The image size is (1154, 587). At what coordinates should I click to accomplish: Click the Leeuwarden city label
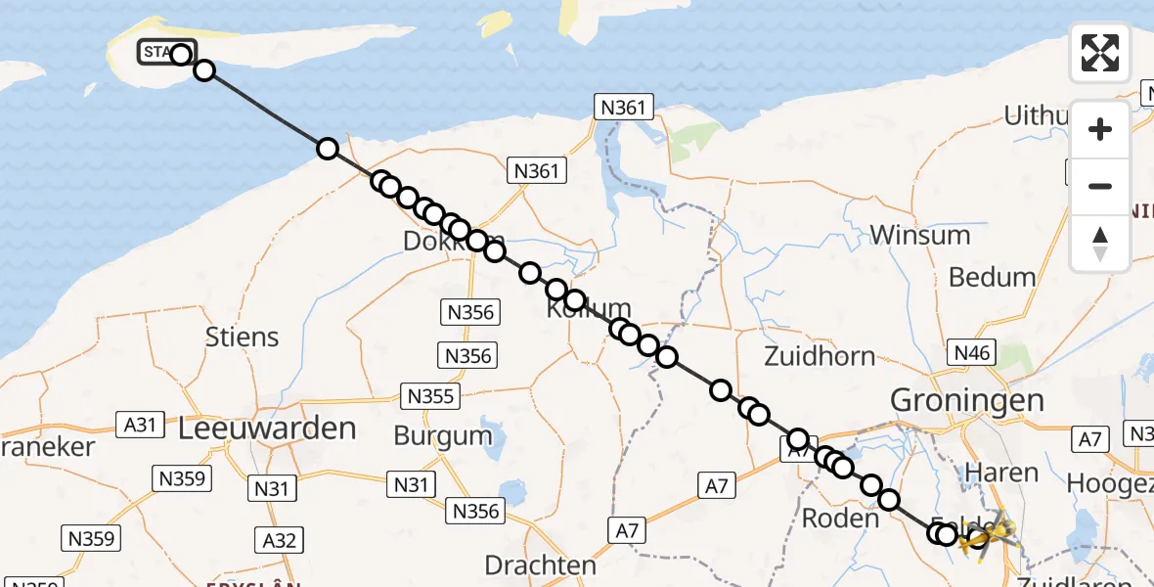267,428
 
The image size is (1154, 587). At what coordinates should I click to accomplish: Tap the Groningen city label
966,400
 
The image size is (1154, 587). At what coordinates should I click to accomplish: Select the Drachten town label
541,565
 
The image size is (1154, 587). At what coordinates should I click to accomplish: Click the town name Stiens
242,337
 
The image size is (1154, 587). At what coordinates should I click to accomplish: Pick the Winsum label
919,235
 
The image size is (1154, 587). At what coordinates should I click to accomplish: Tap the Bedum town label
992,277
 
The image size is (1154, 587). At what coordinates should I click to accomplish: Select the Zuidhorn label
820,355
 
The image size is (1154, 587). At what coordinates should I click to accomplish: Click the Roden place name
840,518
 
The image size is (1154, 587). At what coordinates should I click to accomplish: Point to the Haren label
1001,473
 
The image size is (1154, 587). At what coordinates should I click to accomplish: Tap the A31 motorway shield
140,425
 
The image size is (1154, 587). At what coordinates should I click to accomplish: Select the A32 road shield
278,539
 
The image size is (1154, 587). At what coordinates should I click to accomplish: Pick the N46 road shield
970,353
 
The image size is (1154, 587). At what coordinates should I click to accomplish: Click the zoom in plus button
1100,129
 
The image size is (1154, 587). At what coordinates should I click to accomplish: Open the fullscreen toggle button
1100,53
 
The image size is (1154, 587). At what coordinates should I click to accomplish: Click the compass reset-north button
1100,244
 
